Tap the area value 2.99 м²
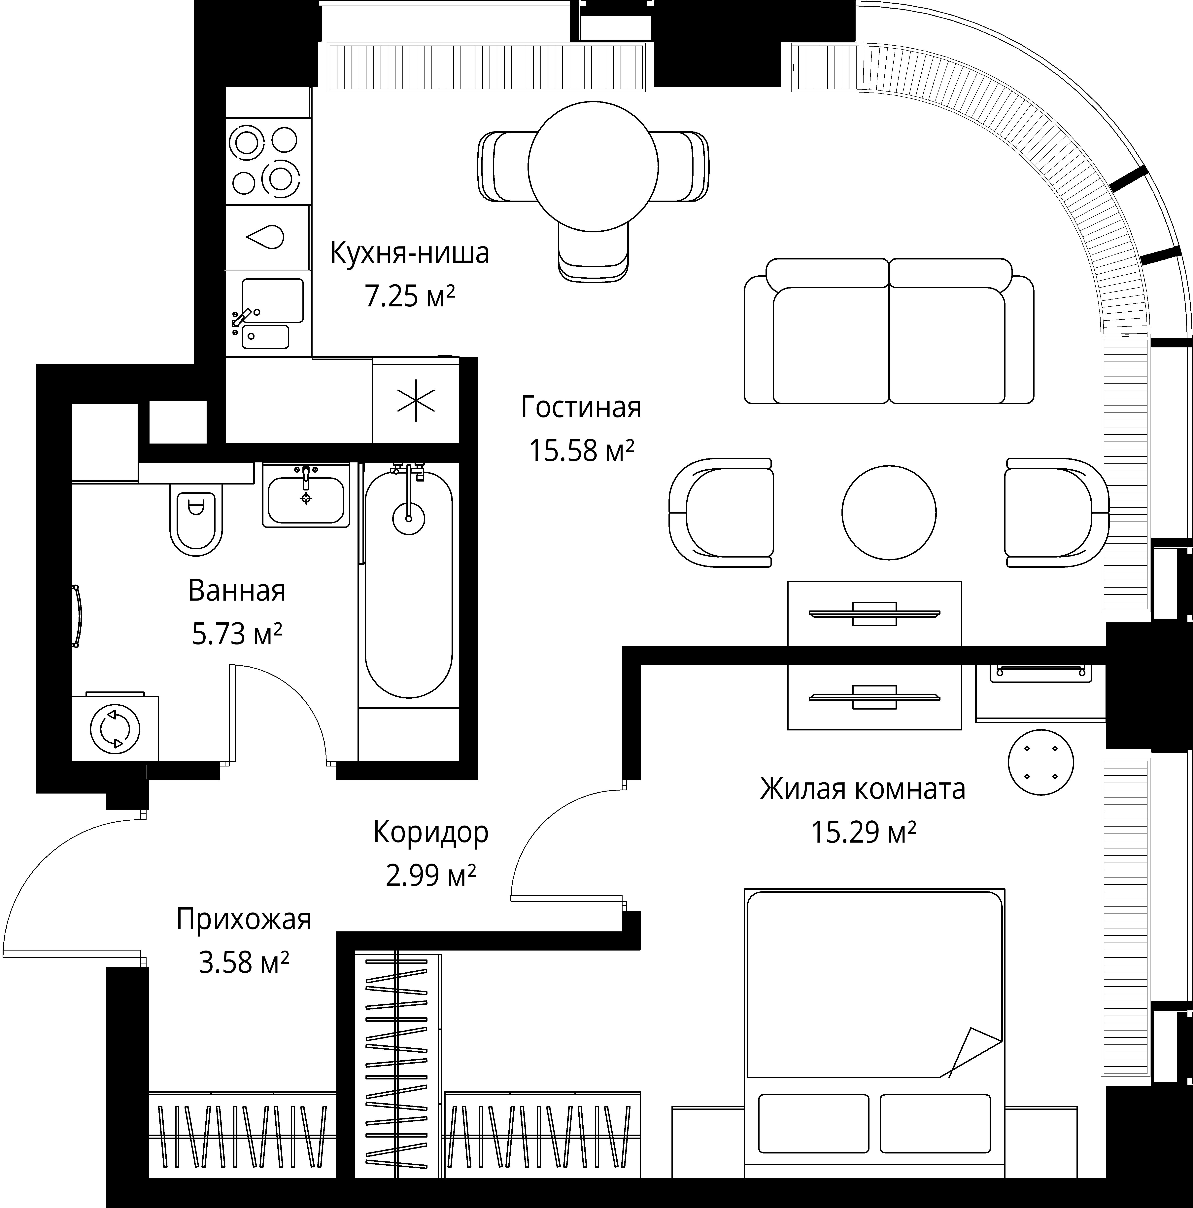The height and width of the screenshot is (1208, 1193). click(431, 875)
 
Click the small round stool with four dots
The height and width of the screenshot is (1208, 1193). click(1040, 762)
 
